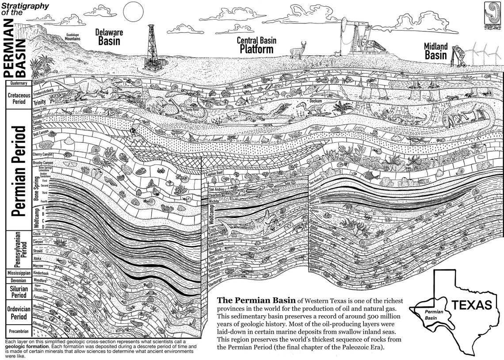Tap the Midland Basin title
(x=436, y=51)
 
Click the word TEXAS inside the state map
(x=471, y=305)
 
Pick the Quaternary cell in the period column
(x=17, y=83)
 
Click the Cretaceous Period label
(x=17, y=98)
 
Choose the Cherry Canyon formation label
(x=43, y=154)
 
